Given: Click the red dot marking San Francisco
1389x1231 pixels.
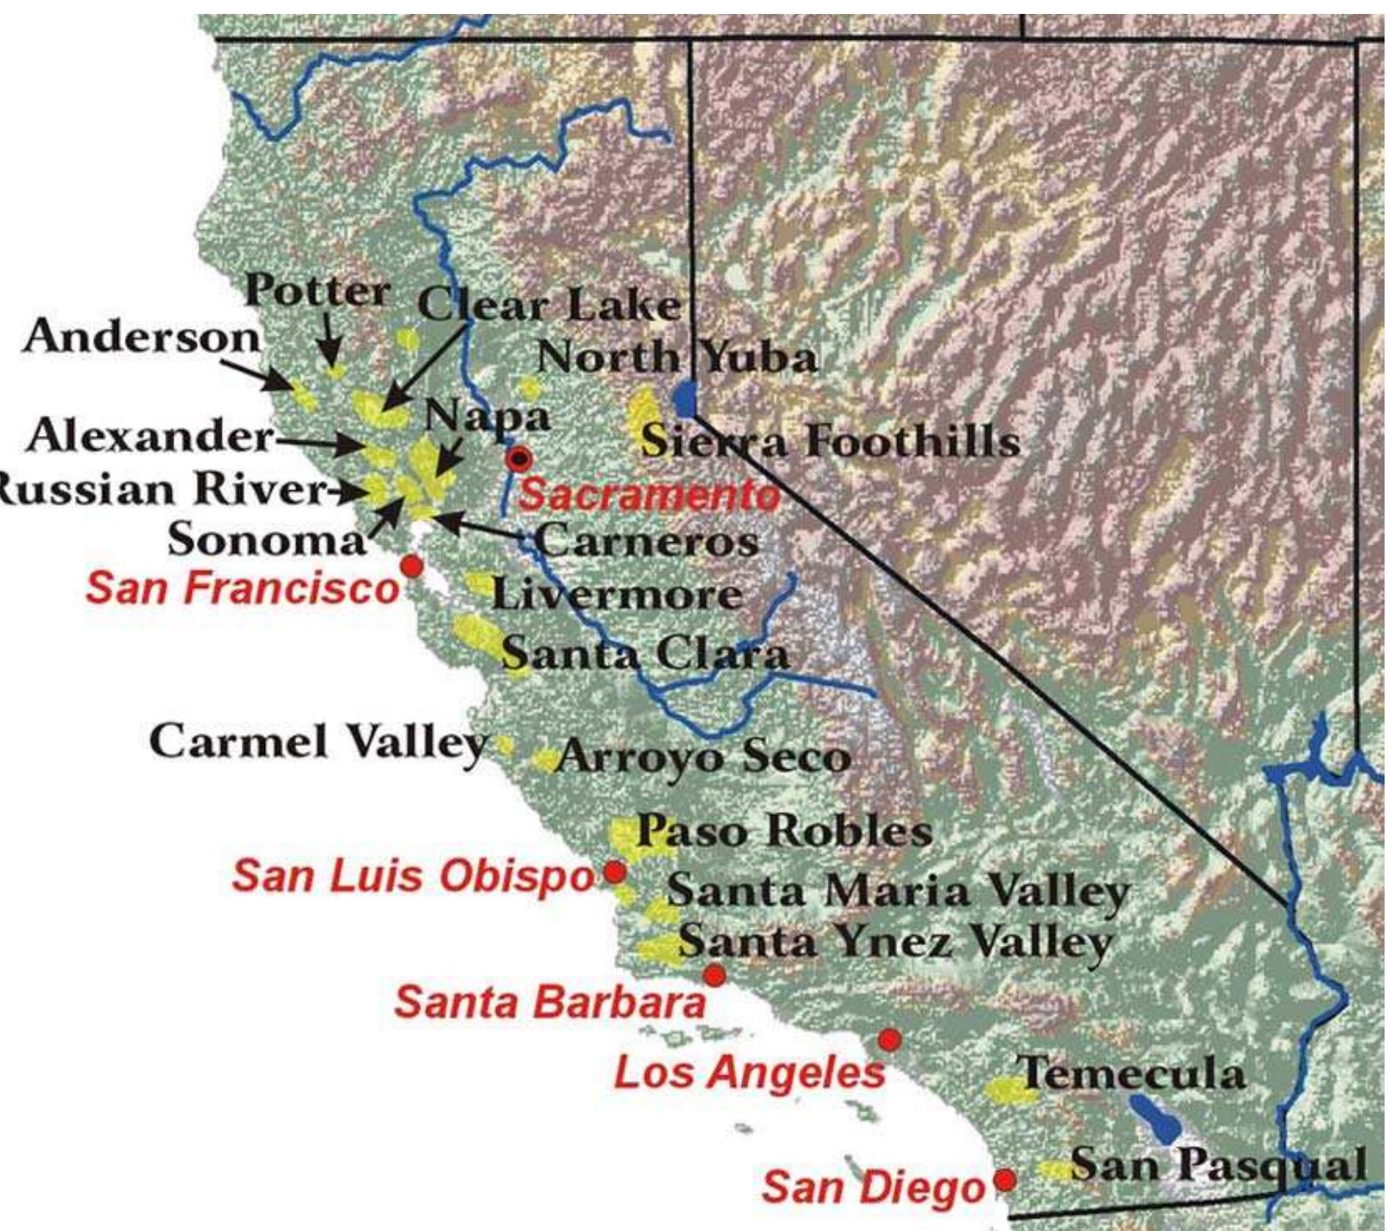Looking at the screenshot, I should pos(412,566).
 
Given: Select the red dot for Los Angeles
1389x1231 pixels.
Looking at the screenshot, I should pos(889,1040).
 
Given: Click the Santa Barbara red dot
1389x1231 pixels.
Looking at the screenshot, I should pos(714,976).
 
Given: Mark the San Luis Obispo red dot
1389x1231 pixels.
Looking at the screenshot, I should pos(614,872).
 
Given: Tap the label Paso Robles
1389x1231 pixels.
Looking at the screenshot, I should pos(784,831).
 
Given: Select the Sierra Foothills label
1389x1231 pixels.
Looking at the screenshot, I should pos(830,442).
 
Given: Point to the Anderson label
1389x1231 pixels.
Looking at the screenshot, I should pos(142,337).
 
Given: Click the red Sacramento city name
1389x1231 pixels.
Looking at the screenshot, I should pos(649,495).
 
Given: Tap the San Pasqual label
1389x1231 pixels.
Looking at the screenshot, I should pos(1217,1165).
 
